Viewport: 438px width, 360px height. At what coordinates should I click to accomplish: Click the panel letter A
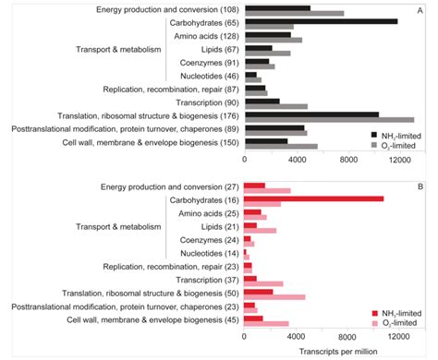(x=420, y=10)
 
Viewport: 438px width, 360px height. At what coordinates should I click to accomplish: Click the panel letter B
(x=420, y=186)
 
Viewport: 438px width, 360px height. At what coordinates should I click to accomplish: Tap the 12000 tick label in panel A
(x=399, y=159)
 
